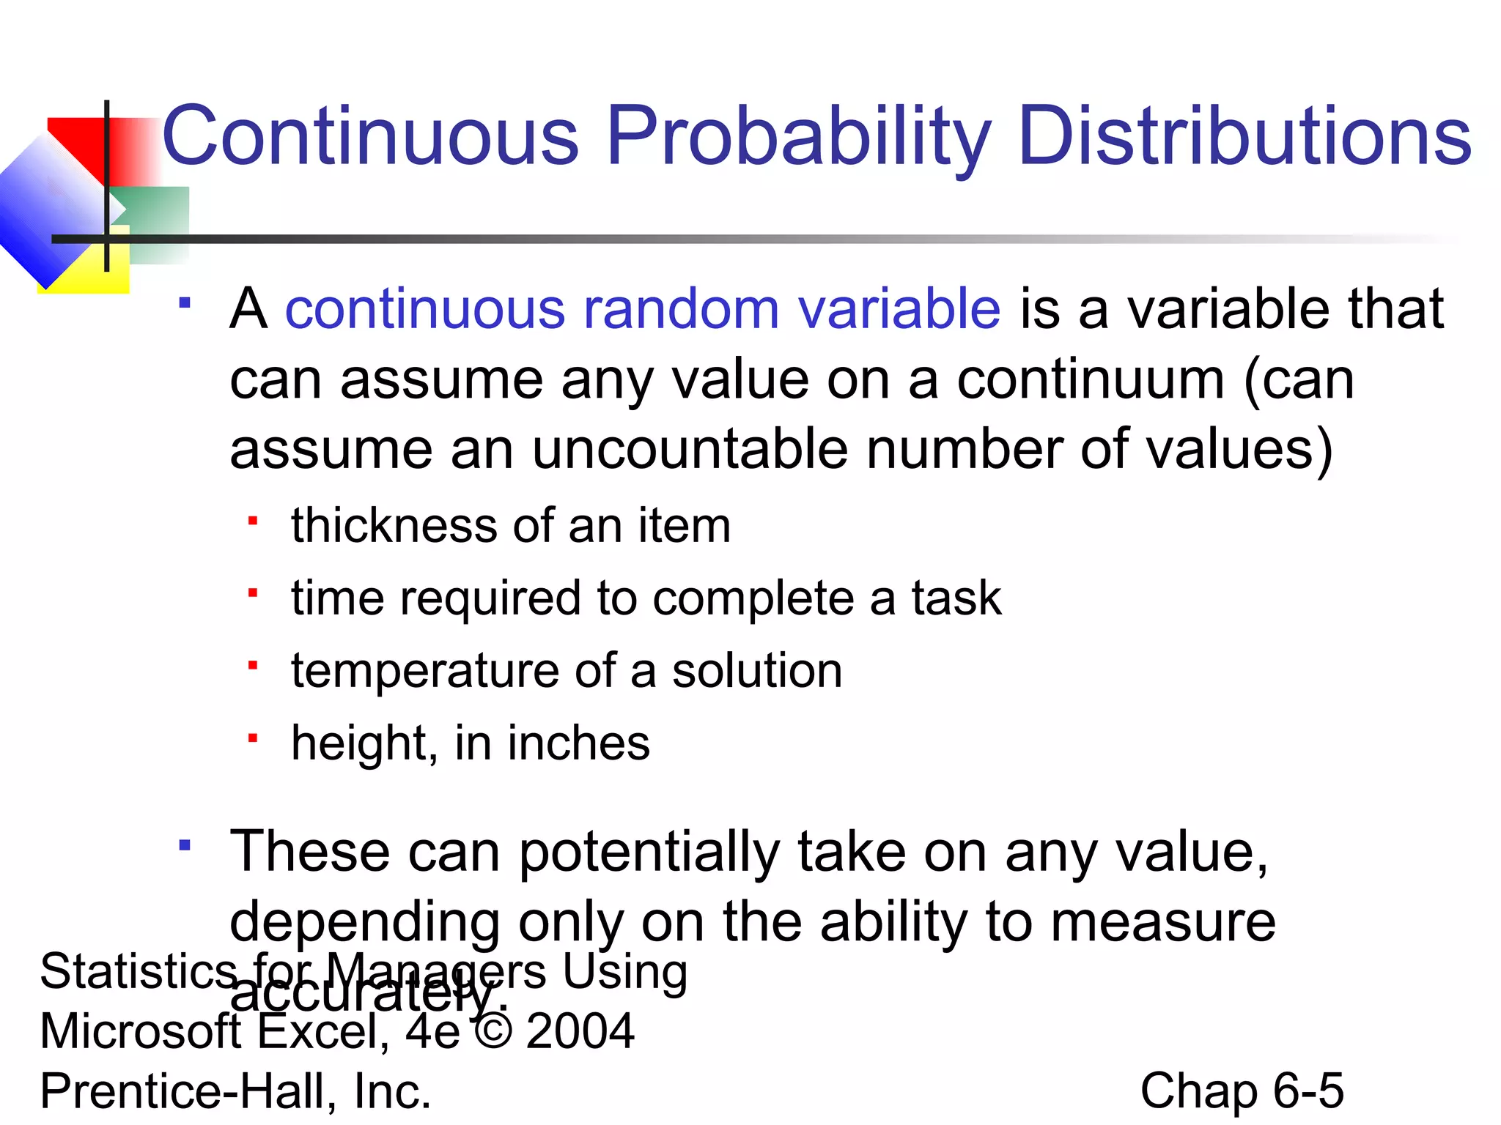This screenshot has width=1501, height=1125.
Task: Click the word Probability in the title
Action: (x=798, y=136)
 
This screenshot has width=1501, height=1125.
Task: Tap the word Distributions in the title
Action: (x=1244, y=136)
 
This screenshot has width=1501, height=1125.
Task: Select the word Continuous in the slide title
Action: (x=370, y=136)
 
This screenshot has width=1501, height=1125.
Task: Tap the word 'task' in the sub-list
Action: (x=956, y=598)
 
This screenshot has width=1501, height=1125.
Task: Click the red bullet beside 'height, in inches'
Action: (x=253, y=738)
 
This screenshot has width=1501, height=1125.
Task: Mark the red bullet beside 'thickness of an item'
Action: (x=253, y=521)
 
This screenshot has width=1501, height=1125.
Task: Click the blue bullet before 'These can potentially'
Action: (x=185, y=846)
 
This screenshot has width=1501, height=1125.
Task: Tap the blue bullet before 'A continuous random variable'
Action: (x=185, y=302)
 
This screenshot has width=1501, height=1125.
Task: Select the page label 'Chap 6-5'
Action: (x=1242, y=1091)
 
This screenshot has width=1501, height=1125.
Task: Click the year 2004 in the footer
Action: (x=580, y=1031)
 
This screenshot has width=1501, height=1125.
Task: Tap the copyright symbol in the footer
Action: (x=493, y=1031)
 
